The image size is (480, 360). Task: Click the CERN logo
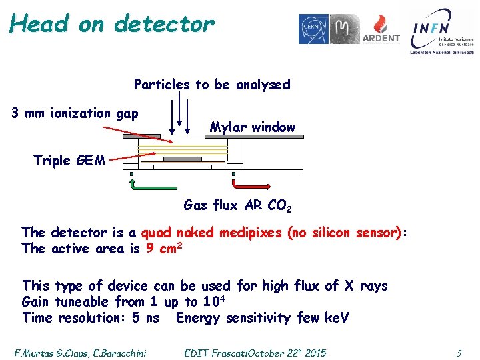313,29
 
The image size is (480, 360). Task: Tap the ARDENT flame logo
382,29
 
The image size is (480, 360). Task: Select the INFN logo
442,31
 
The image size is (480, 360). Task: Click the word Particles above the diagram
162,85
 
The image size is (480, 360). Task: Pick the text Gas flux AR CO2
237,205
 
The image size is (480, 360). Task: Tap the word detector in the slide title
164,25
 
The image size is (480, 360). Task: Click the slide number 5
458,353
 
